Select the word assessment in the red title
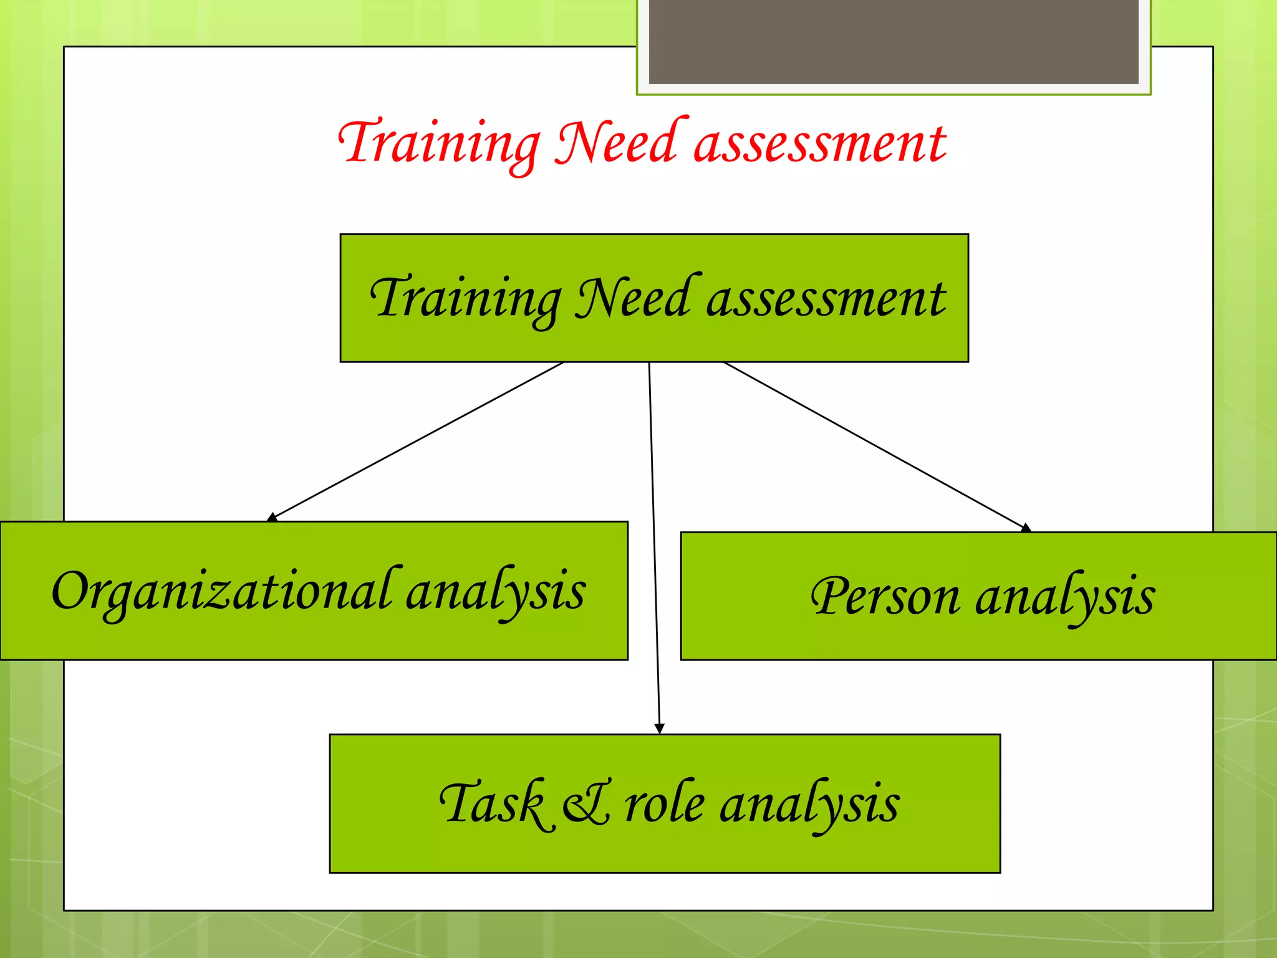pos(820,145)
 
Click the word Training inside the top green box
pos(465,298)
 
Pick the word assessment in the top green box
pos(826,299)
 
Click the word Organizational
pos(221,591)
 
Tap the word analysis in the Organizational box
pos(496,591)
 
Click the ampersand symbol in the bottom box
pos(586,805)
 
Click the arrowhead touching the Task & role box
pos(659,728)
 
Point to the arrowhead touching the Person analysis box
pos(1025,528)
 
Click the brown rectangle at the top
pos(894,41)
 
